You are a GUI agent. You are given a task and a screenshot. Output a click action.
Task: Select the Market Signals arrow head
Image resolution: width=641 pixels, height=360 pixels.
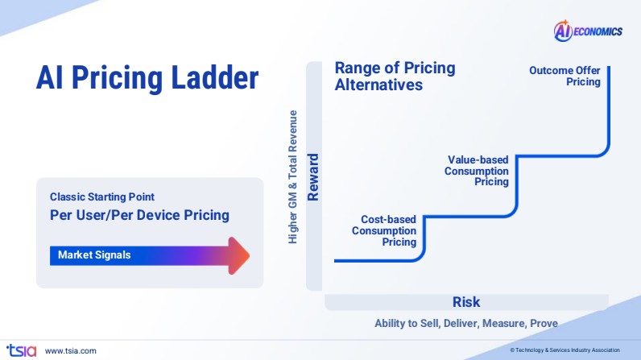point(238,255)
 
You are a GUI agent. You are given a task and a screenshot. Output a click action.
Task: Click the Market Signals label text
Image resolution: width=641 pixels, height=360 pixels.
point(94,255)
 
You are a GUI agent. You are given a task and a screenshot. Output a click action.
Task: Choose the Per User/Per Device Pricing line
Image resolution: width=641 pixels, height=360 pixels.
point(139,215)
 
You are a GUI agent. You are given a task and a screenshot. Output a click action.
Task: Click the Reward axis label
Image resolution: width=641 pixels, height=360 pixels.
point(314,176)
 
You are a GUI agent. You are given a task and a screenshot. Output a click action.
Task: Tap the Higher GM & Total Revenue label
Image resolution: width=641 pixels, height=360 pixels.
point(293,176)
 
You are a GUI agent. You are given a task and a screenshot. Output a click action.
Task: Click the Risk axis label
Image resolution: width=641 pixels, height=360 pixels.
point(466,302)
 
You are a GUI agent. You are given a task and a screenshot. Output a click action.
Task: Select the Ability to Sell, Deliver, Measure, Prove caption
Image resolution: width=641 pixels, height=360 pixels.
point(466,323)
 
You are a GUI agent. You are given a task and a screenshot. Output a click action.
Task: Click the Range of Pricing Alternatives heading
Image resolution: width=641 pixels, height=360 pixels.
point(395,76)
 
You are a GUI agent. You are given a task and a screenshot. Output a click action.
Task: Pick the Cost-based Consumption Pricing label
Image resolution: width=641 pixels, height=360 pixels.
point(384,230)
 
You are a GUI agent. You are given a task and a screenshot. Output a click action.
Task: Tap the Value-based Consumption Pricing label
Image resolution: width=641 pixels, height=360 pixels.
point(478,171)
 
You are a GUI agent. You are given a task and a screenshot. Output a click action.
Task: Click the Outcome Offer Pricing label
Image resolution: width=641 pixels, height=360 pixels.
point(565,76)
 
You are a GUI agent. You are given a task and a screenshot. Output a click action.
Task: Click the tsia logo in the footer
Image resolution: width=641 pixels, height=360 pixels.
point(21,350)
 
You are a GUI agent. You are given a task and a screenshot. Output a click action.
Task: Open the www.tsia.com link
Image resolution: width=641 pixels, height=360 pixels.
point(71,350)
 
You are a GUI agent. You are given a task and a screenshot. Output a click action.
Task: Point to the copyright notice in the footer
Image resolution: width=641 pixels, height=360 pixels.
point(564,350)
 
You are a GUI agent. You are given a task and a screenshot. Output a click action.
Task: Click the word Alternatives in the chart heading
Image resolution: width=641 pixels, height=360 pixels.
point(378,84)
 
